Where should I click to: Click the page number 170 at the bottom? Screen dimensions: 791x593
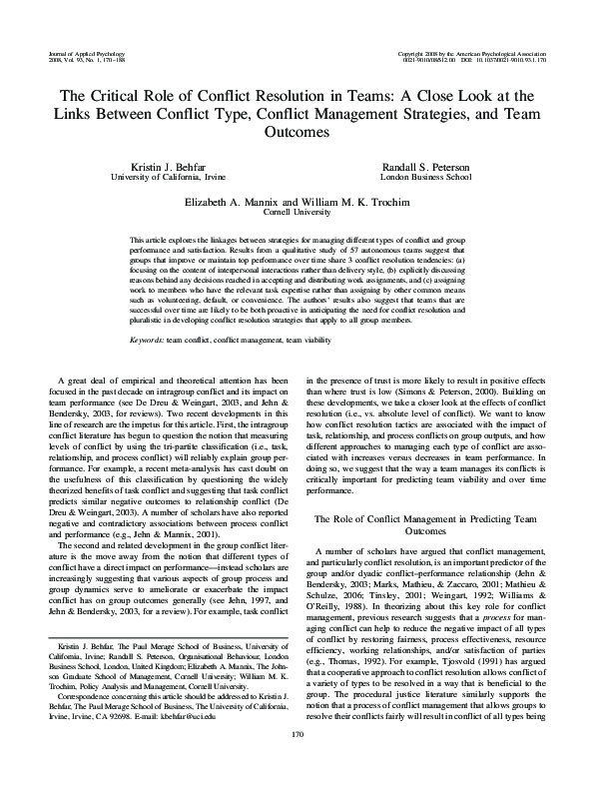pyautogui.click(x=296, y=763)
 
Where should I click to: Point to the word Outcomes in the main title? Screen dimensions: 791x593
pyautogui.click(x=296, y=131)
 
